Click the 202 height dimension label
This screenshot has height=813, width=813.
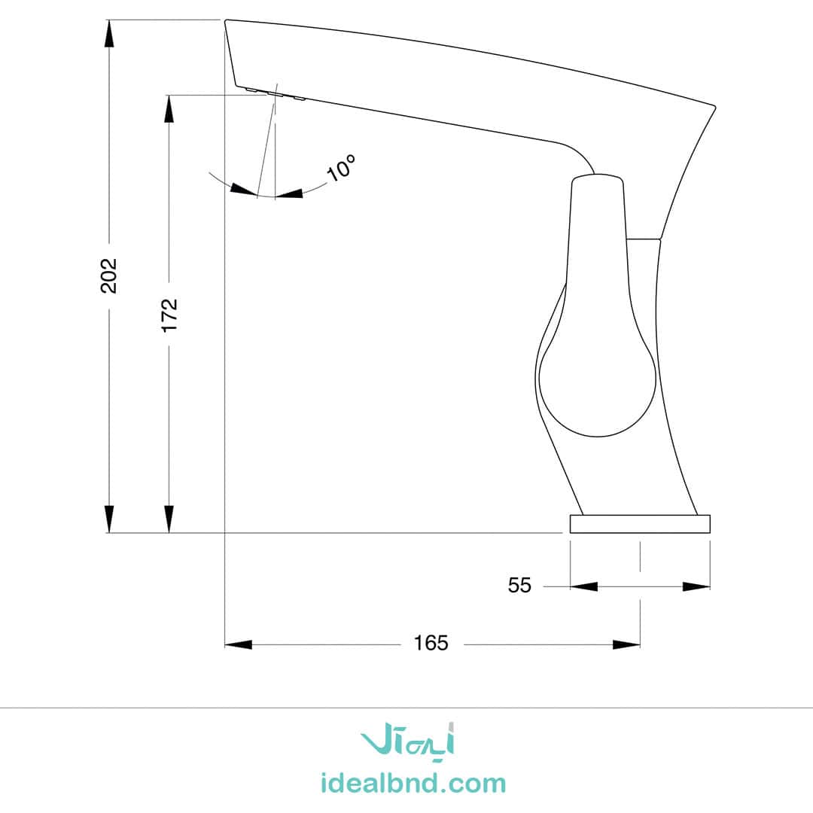click(109, 276)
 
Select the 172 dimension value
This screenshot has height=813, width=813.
click(169, 315)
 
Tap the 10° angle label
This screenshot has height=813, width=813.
click(342, 167)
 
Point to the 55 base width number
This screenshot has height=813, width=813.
click(519, 586)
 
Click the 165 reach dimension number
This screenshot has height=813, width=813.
click(431, 643)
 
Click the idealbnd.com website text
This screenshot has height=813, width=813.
click(413, 783)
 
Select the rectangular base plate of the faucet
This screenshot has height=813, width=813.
click(640, 524)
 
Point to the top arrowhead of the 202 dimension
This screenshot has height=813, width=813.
click(109, 35)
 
